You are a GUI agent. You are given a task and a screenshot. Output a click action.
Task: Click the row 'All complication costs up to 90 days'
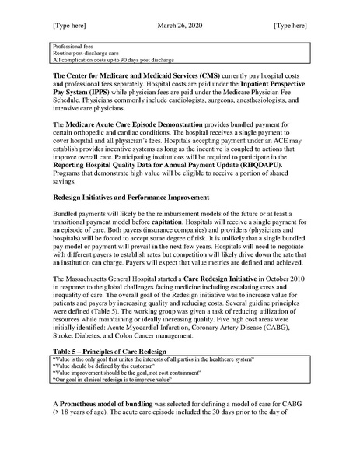109,60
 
